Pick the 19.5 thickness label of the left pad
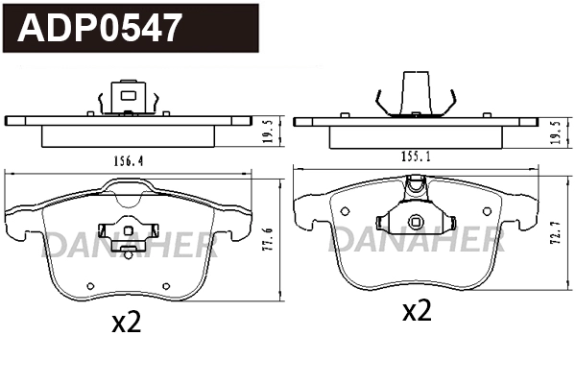[268, 130]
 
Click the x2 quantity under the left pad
[126, 323]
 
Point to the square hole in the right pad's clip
[415, 223]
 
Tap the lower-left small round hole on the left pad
[88, 285]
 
